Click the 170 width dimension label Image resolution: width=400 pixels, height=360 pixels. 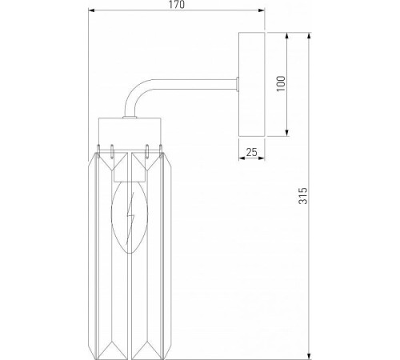(177, 6)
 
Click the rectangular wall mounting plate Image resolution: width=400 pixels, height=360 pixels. (253, 83)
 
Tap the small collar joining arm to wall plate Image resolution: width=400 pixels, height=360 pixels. (238, 83)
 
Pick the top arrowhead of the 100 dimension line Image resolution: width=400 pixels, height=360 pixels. (286, 34)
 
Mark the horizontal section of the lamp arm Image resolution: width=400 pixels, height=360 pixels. (192, 83)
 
